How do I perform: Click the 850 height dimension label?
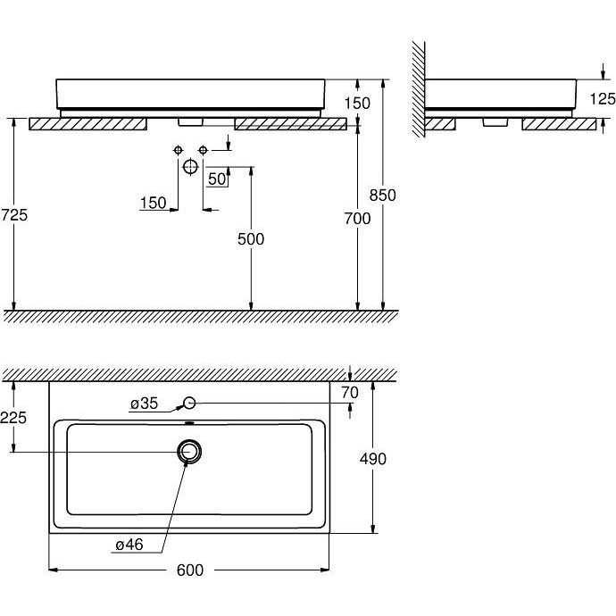(382, 196)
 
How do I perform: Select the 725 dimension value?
(14, 215)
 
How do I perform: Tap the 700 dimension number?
(357, 219)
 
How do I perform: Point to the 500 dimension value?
(251, 239)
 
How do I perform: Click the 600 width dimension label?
(190, 570)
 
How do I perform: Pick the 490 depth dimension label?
(373, 459)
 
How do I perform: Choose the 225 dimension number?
(13, 418)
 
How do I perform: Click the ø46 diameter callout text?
(129, 545)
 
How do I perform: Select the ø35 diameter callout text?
(144, 404)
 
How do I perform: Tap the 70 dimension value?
(350, 393)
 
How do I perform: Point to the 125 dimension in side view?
(603, 98)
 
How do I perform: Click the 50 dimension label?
(217, 179)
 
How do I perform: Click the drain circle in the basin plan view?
(189, 452)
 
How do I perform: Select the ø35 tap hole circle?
(190, 403)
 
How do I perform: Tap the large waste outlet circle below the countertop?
(190, 167)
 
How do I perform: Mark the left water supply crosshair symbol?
(178, 150)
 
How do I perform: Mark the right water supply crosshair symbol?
(203, 150)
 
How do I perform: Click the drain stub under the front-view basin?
(190, 122)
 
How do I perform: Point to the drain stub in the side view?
(495, 122)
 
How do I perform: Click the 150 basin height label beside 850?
(357, 103)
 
